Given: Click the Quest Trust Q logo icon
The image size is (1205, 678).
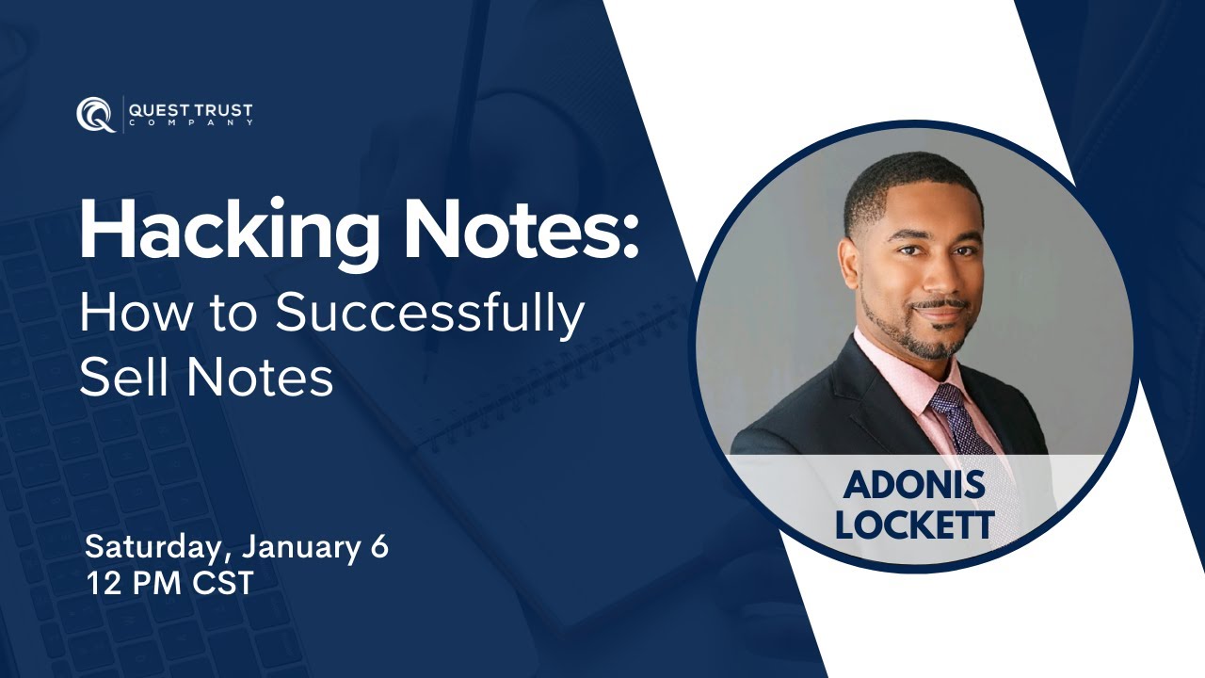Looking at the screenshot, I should (x=95, y=114).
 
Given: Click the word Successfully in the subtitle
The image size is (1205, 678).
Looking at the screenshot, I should (x=429, y=315).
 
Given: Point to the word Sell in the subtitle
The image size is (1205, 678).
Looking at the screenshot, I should (x=123, y=378).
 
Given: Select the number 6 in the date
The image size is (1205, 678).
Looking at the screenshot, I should (x=379, y=547).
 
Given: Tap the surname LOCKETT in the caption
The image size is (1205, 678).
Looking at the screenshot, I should (x=914, y=525).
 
